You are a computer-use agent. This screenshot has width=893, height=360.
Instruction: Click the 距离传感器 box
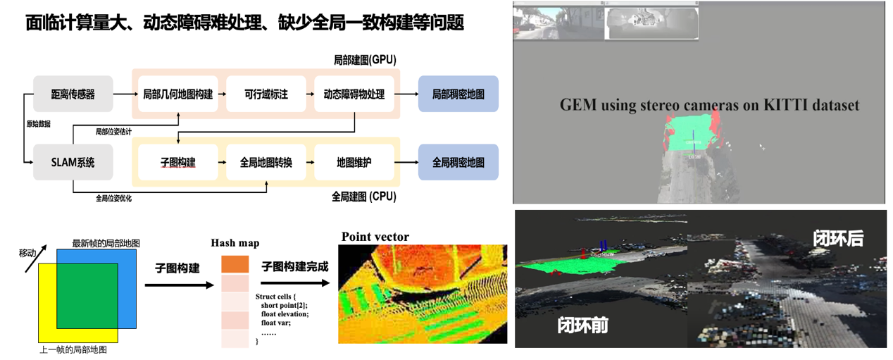pyautogui.click(x=73, y=94)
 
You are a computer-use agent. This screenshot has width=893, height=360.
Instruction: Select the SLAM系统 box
pyautogui.click(x=73, y=162)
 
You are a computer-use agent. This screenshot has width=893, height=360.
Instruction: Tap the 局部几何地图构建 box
pyautogui.click(x=177, y=94)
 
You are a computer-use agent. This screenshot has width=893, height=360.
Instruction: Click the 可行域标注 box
pyautogui.click(x=266, y=94)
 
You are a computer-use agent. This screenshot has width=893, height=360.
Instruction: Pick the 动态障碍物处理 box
pyautogui.click(x=354, y=94)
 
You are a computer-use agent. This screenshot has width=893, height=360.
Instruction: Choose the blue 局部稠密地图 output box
pyautogui.click(x=458, y=94)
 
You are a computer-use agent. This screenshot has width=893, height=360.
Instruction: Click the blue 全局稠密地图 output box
pyautogui.click(x=458, y=162)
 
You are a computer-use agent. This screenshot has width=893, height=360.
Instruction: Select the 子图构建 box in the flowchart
pyautogui.click(x=177, y=162)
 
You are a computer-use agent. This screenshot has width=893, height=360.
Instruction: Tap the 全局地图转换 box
pyautogui.click(x=266, y=162)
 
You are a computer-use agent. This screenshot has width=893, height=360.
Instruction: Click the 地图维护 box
pyautogui.click(x=354, y=162)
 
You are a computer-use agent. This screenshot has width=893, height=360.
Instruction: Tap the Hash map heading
pyautogui.click(x=235, y=243)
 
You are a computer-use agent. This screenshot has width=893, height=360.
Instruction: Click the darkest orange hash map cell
pyautogui.click(x=235, y=264)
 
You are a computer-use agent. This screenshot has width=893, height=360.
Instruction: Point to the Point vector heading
pyautogui.click(x=375, y=237)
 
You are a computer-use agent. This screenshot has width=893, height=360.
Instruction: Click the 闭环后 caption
pyautogui.click(x=838, y=239)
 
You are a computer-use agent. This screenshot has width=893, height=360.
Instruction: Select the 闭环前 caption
pyautogui.click(x=582, y=325)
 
